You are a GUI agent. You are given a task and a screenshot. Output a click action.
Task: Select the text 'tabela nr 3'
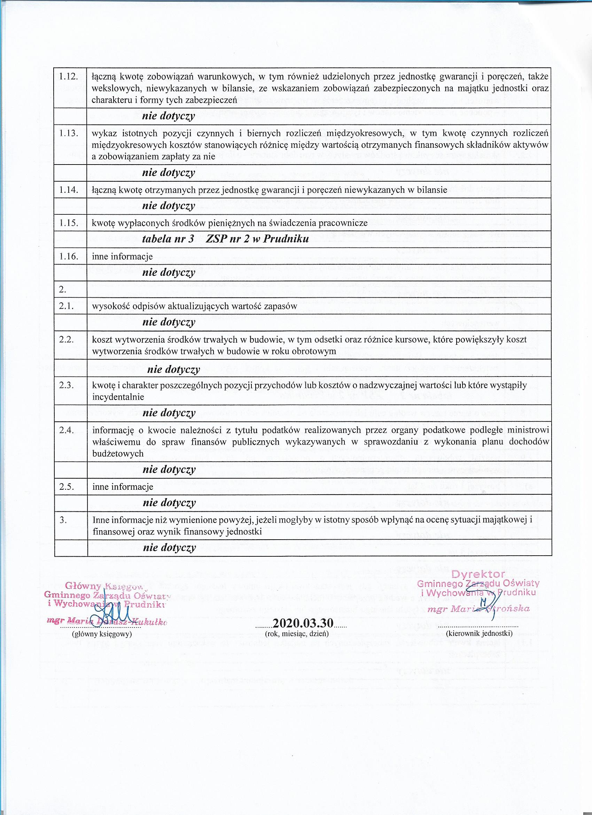tap(168, 239)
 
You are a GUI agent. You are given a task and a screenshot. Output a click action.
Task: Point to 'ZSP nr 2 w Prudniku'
tap(257, 239)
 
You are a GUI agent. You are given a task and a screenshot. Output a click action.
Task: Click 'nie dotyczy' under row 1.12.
tap(169, 116)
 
